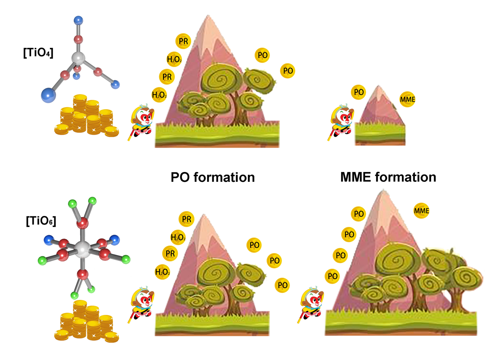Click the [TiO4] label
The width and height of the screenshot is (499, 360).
tap(38, 53)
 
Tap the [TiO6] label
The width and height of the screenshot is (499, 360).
tap(41, 221)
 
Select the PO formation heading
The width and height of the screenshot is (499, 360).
tap(213, 177)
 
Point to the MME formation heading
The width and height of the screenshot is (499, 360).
tap(388, 177)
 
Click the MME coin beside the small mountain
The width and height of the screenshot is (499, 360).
tap(407, 100)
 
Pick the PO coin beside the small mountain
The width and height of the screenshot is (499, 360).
tap(358, 92)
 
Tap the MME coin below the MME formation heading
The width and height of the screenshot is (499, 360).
tap(421, 211)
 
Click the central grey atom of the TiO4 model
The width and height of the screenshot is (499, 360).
tap(79, 59)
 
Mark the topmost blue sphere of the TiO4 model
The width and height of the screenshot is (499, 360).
tap(78, 20)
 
